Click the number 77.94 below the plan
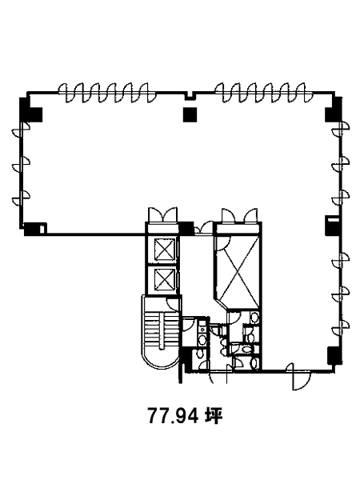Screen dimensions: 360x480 (174, 416)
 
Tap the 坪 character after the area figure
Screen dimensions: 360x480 (214, 416)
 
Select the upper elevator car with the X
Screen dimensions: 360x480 (165, 250)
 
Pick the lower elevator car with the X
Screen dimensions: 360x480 (165, 279)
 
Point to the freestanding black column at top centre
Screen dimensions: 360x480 (190, 114)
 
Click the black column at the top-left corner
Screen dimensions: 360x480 (30, 110)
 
